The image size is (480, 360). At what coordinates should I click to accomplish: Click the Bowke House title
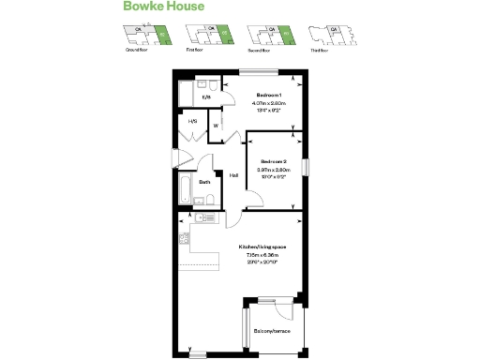pyautogui.click(x=163, y=8)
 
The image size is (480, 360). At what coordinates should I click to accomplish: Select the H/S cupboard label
pyautogui.click(x=192, y=122)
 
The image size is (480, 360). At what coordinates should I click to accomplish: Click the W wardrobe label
pyautogui.click(x=216, y=125)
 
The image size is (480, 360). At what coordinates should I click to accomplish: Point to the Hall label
pyautogui.click(x=234, y=175)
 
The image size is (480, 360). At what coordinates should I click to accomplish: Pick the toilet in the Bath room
pyautogui.click(x=211, y=199)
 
